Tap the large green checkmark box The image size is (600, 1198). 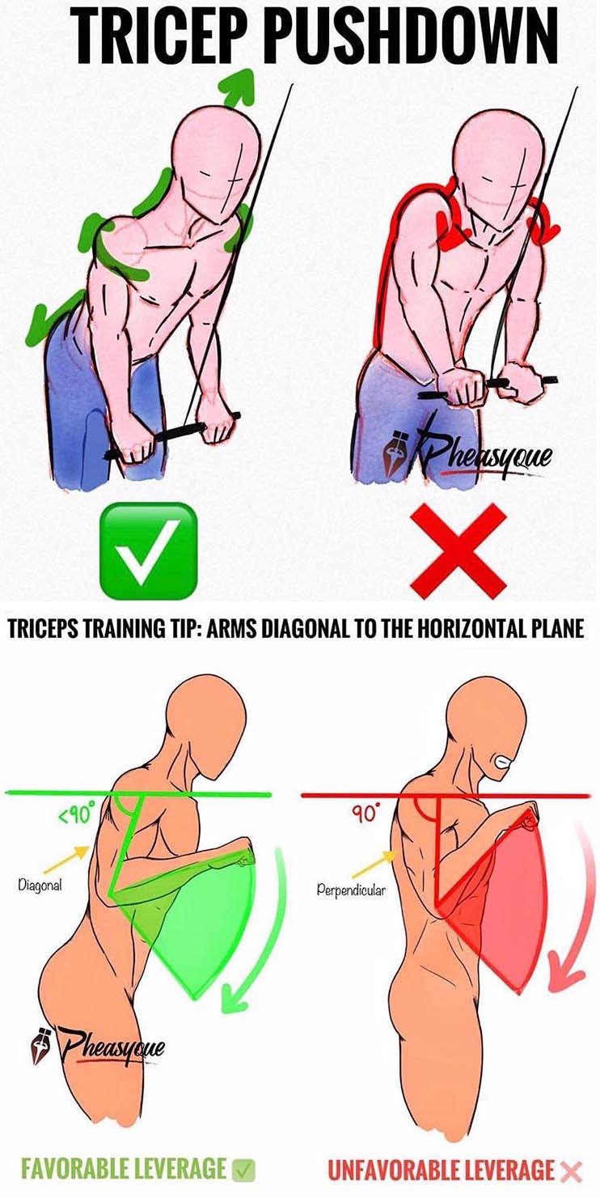pyautogui.click(x=148, y=551)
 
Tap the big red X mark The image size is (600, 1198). pyautogui.click(x=458, y=551)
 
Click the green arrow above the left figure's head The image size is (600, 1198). pyautogui.click(x=239, y=88)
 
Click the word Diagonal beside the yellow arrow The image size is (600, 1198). pyautogui.click(x=40, y=885)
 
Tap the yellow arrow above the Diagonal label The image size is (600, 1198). pyautogui.click(x=65, y=859)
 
